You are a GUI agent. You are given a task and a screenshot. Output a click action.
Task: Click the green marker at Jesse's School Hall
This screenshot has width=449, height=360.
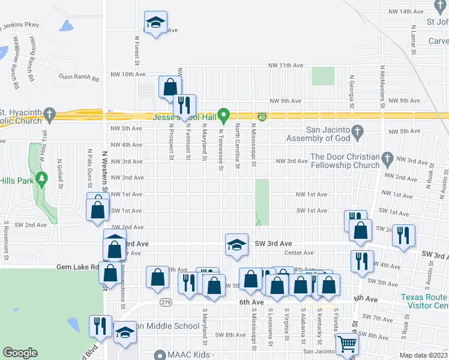[224, 113]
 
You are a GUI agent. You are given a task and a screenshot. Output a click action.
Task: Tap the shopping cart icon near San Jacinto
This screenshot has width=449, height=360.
[347, 345]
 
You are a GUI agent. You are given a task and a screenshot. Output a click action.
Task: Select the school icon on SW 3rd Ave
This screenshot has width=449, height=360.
[237, 245]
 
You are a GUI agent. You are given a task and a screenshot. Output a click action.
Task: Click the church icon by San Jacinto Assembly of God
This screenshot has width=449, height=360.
[358, 130]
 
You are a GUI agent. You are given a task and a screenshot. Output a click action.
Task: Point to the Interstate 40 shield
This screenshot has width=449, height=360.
[262, 115]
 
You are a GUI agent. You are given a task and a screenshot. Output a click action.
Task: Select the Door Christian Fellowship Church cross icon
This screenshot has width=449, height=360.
[387, 159]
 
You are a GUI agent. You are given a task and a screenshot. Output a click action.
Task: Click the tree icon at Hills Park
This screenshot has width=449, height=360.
[41, 178]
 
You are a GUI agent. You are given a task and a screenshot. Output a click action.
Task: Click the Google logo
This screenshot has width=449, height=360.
[20, 353]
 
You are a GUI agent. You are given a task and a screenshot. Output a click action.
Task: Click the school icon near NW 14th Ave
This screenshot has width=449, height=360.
[155, 23]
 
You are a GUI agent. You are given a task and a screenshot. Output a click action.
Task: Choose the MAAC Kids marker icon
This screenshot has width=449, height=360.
[159, 355]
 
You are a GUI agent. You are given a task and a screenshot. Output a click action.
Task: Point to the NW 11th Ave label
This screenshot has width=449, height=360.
[285, 65]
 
